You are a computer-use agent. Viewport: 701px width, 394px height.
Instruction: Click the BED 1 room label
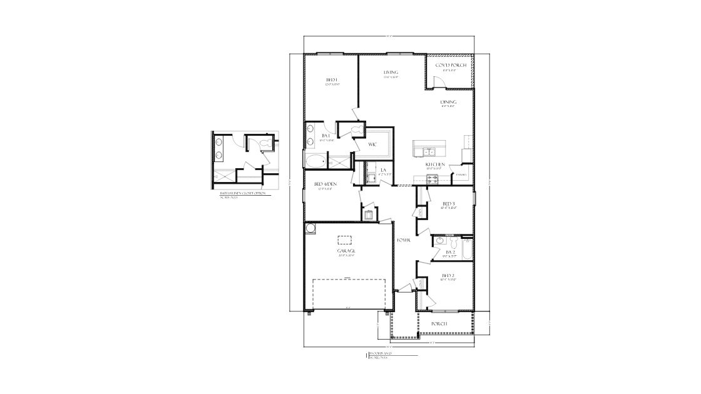point(332,80)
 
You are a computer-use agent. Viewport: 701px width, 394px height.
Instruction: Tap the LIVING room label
point(391,73)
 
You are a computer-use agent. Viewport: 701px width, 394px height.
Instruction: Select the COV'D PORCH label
point(451,65)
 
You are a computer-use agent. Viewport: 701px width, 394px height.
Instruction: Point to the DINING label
point(448,102)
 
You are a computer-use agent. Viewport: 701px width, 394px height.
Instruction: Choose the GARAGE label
point(347,251)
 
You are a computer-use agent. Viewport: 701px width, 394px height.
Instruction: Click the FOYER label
point(403,240)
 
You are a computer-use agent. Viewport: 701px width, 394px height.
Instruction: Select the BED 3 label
point(448,204)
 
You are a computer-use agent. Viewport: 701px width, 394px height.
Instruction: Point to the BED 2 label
point(448,275)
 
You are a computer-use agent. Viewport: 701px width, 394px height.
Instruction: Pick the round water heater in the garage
point(310,229)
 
